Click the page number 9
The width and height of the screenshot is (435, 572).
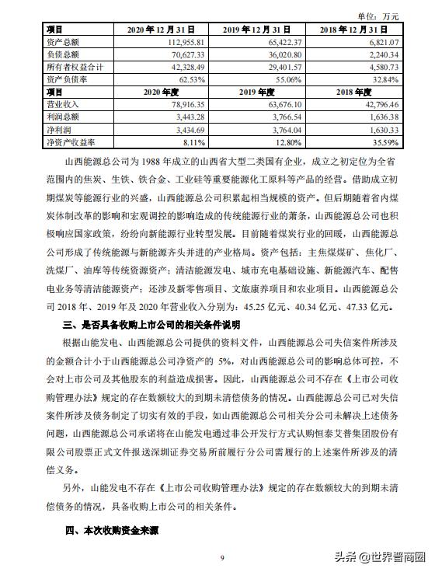(x=222, y=557)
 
